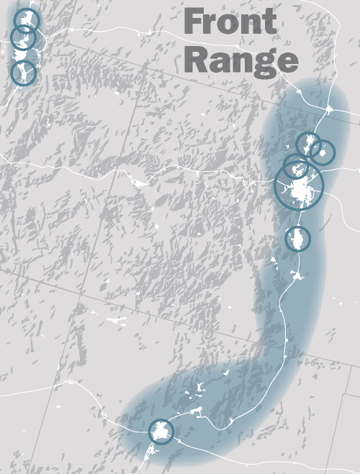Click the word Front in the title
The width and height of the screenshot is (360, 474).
tap(230, 23)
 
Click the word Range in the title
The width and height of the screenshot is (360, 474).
tap(241, 60)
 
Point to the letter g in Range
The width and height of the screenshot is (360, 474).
tap(265, 63)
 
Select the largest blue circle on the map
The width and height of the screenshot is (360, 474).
tap(300, 186)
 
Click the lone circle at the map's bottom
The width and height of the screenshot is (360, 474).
tap(161, 432)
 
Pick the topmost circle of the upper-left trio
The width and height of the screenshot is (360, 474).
tap(27, 20)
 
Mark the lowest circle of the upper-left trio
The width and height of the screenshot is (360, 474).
tap(24, 73)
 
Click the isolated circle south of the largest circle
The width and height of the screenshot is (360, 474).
tap(297, 238)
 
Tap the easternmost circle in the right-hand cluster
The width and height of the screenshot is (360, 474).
tap(323, 152)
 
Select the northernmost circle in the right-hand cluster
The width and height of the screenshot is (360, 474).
tap(309, 143)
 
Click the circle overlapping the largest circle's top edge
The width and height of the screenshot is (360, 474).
tap(296, 167)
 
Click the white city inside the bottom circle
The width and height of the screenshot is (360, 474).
tap(162, 432)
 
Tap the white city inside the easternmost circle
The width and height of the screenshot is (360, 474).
tap(323, 152)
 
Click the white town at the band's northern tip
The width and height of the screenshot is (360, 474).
tap(329, 110)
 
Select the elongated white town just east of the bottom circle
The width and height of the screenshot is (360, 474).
tap(196, 411)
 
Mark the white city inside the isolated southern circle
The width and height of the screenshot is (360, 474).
tap(297, 237)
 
